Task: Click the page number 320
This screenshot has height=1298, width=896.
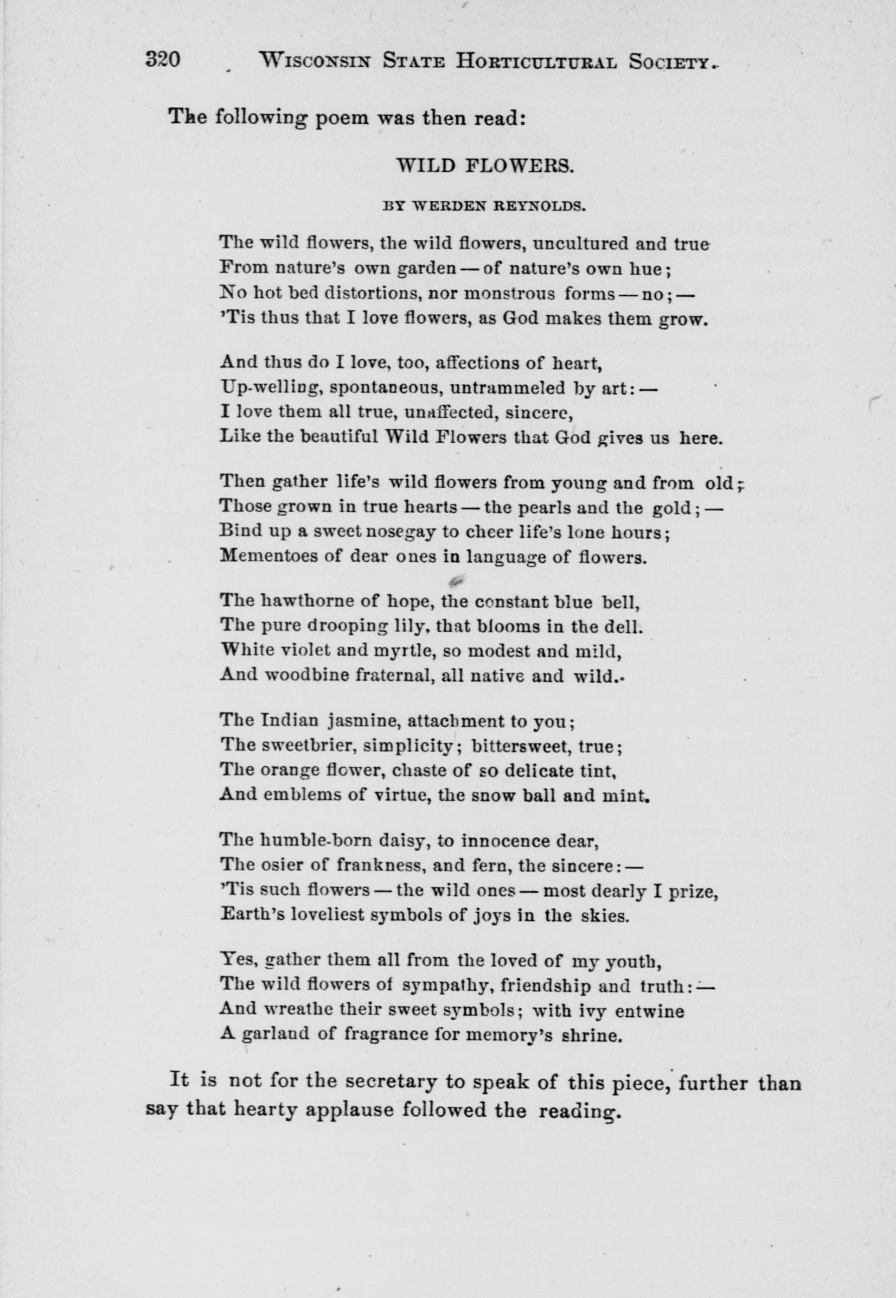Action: click(x=162, y=60)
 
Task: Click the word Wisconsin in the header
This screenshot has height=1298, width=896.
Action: click(x=315, y=61)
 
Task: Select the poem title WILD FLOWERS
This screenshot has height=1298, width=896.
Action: click(x=484, y=166)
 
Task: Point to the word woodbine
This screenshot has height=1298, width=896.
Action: click(x=304, y=676)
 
